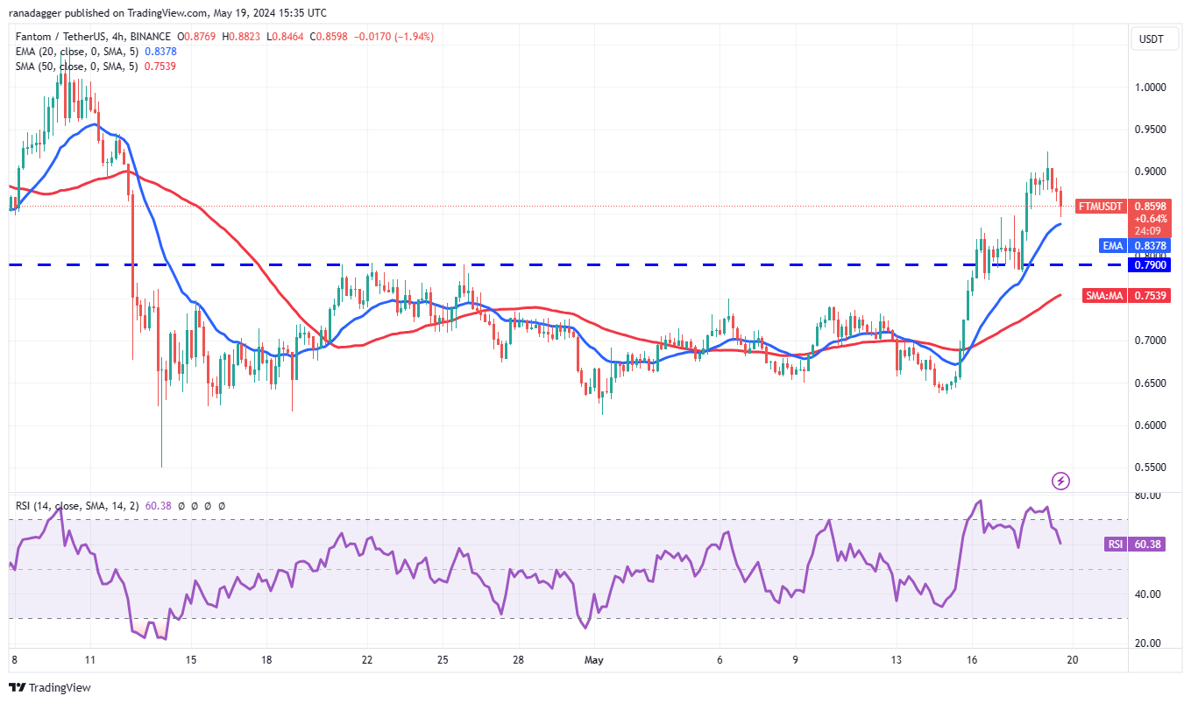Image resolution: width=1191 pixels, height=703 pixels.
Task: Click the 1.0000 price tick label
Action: [1150, 88]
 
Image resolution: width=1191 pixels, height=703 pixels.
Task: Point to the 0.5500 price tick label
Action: [1150, 467]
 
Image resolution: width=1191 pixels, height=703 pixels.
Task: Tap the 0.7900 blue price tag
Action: [1150, 264]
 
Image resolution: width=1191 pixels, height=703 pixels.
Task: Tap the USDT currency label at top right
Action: [1151, 39]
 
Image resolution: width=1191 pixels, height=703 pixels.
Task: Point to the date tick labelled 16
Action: [971, 658]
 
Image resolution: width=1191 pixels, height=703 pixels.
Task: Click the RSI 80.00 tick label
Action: [1148, 496]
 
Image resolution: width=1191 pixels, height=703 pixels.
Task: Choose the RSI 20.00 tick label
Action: [1148, 643]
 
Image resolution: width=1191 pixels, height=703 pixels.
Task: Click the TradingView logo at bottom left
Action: [51, 687]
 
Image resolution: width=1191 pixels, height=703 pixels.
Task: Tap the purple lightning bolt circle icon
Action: [1061, 481]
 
